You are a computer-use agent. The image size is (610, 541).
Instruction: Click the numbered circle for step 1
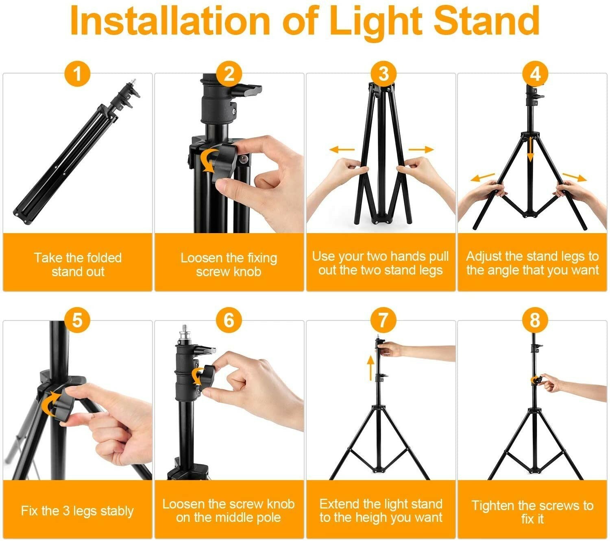pos(77,74)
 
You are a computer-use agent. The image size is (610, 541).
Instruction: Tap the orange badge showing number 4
pos(535,74)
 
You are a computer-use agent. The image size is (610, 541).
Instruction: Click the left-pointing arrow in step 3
pos(342,149)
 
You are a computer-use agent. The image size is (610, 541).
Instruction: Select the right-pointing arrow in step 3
pos(421,149)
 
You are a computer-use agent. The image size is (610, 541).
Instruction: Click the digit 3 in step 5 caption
pos(66,511)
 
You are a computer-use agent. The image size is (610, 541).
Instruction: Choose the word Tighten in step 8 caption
pos(493,506)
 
